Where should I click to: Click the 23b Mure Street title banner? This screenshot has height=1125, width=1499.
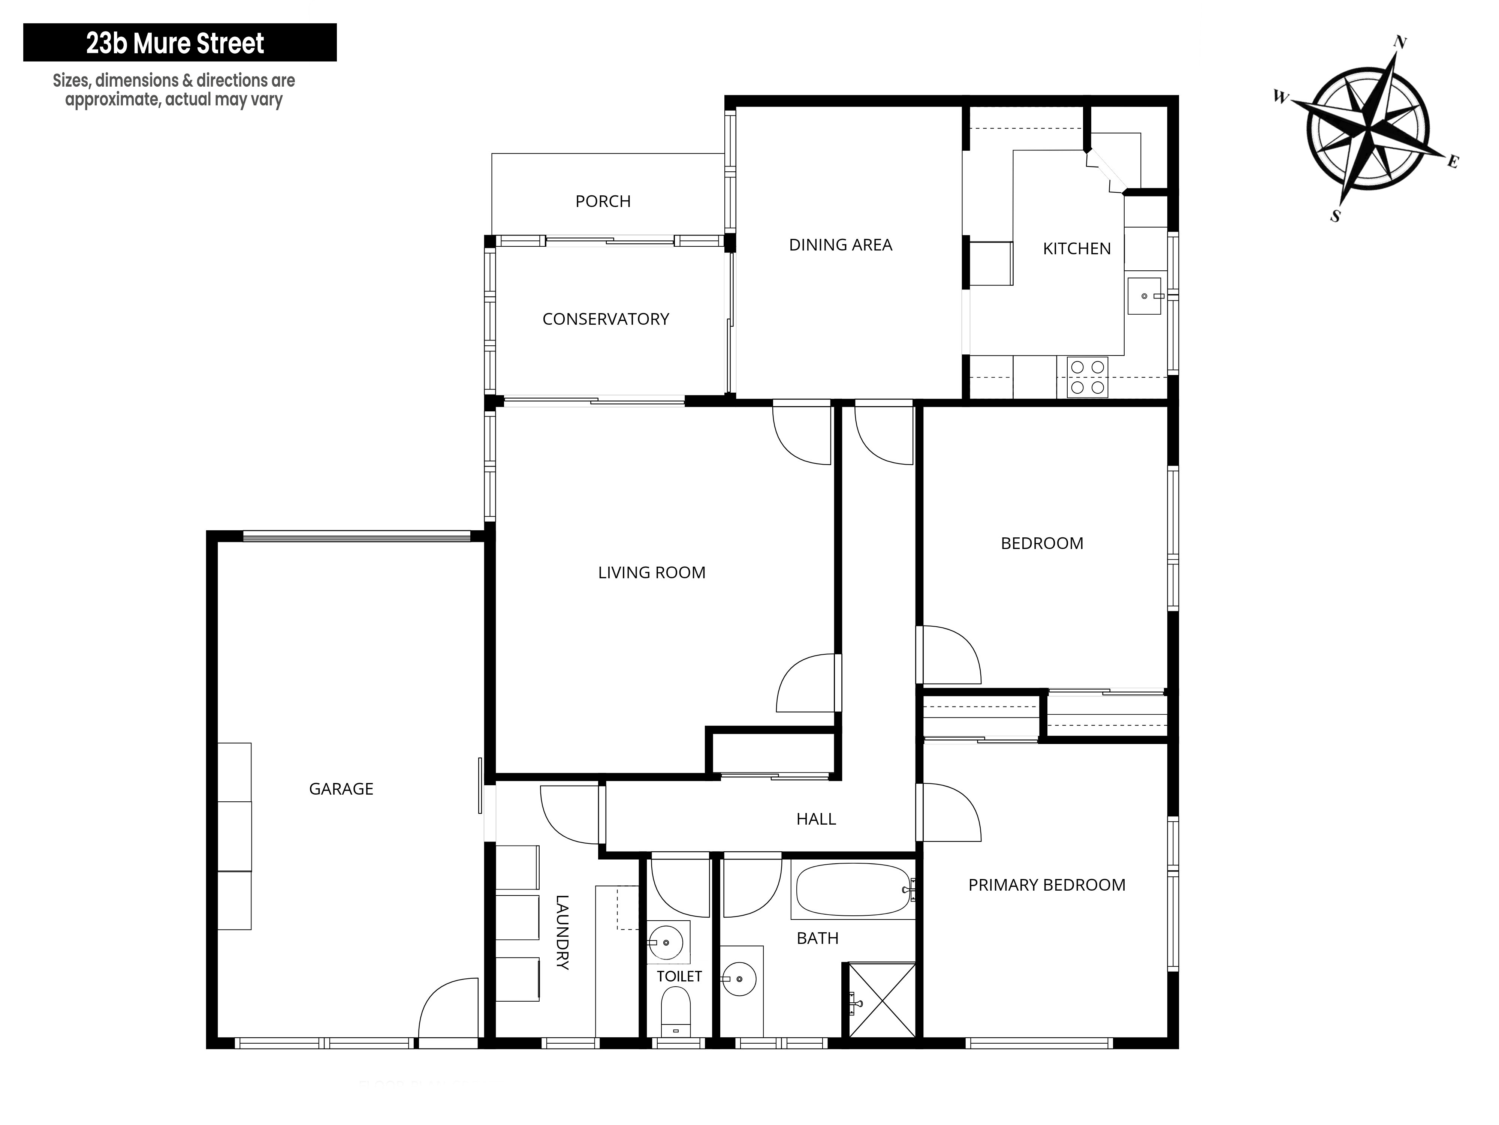click(x=180, y=43)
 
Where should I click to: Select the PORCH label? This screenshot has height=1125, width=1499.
click(x=603, y=201)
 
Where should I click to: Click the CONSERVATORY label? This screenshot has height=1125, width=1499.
click(x=606, y=319)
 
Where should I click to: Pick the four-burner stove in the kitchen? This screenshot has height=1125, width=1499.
click(x=1088, y=377)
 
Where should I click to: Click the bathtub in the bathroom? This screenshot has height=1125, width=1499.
click(x=853, y=890)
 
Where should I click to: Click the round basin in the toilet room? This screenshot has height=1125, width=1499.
click(x=666, y=943)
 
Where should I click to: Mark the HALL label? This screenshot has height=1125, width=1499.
click(x=816, y=819)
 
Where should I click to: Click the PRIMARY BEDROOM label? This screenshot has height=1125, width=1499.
click(x=1047, y=885)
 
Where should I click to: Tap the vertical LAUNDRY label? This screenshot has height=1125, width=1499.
click(x=562, y=932)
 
